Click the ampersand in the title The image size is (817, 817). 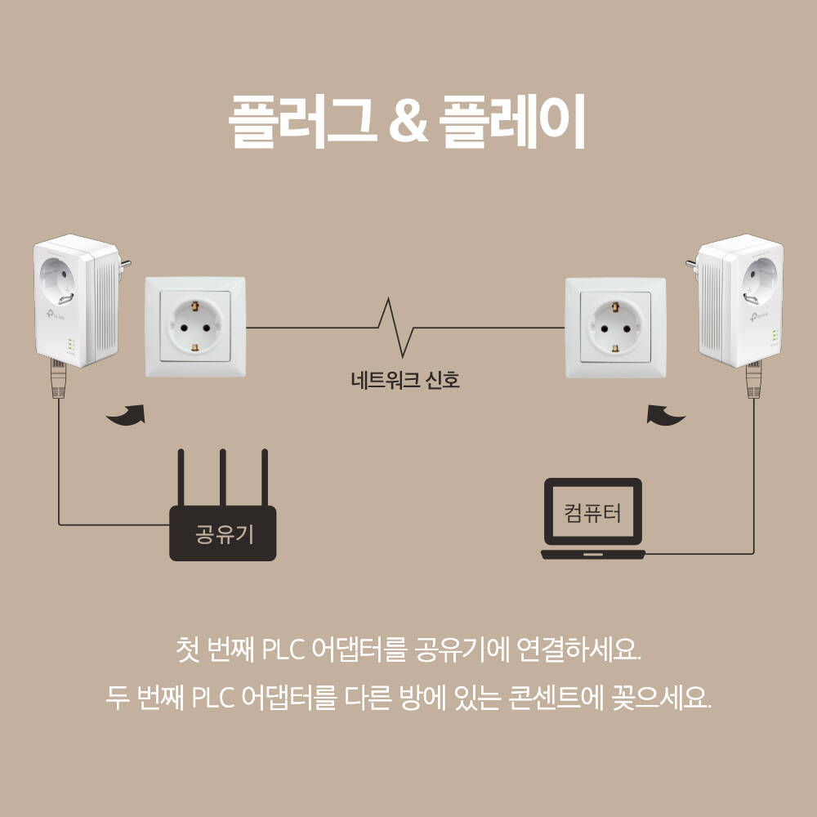click(405, 123)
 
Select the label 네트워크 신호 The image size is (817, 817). click(405, 380)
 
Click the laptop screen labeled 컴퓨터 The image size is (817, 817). click(593, 512)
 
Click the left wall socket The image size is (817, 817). click(195, 327)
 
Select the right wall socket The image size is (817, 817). click(615, 327)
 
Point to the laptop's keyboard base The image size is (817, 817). click(593, 555)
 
